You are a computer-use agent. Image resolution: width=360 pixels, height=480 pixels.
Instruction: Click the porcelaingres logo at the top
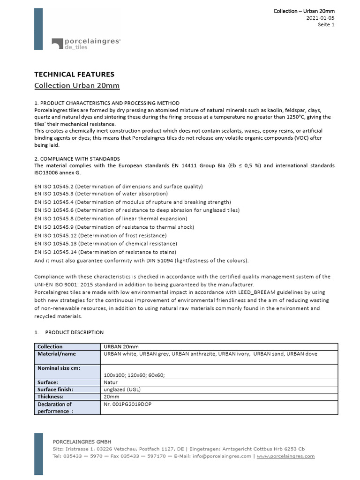tap(86, 44)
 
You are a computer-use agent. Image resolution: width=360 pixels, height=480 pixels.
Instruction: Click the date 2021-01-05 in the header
tap(321, 18)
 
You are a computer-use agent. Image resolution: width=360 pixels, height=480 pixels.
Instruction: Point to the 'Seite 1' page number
tap(326, 25)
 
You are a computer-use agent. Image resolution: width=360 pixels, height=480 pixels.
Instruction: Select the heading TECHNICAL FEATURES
tap(75, 74)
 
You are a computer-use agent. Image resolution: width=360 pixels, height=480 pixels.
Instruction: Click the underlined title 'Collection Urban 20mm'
tap(77, 85)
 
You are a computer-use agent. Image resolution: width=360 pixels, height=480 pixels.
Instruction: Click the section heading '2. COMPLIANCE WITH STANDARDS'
tap(77, 159)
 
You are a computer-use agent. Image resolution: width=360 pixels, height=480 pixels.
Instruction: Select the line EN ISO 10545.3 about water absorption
tap(101, 194)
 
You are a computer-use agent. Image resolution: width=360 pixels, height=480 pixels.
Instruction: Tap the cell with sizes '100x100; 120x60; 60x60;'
tap(134, 375)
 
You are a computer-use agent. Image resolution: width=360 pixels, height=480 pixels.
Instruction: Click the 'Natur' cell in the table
tap(111, 382)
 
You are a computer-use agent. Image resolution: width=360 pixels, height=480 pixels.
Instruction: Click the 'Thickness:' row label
tap(52, 397)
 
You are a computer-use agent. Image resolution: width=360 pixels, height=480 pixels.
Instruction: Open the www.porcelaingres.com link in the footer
tap(285, 456)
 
